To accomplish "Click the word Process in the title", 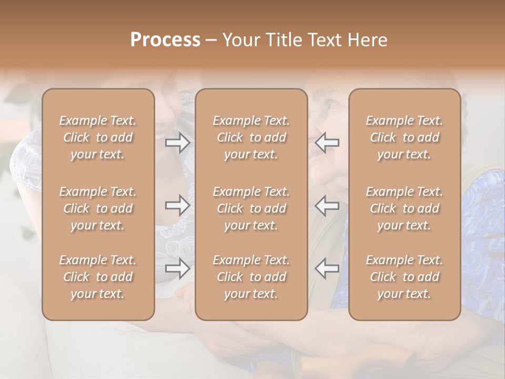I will (x=165, y=40).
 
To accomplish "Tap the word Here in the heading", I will (x=366, y=40).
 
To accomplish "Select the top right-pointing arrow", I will (x=177, y=143).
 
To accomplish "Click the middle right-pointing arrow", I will (x=177, y=205).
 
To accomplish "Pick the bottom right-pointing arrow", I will (x=177, y=268).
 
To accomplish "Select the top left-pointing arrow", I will (x=327, y=143).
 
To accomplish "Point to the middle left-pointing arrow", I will (x=327, y=205).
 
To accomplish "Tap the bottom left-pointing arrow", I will (x=327, y=268).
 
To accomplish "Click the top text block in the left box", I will (x=98, y=137).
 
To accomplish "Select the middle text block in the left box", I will (x=98, y=208).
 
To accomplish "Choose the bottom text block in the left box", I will (x=98, y=277).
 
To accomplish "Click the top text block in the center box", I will (x=251, y=137).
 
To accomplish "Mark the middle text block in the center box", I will (x=251, y=208).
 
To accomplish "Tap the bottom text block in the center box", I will (x=251, y=277).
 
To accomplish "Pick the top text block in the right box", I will (x=405, y=137).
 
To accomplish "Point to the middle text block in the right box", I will (x=405, y=208).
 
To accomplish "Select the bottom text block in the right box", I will (x=405, y=277).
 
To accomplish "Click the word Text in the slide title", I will (x=323, y=40).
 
